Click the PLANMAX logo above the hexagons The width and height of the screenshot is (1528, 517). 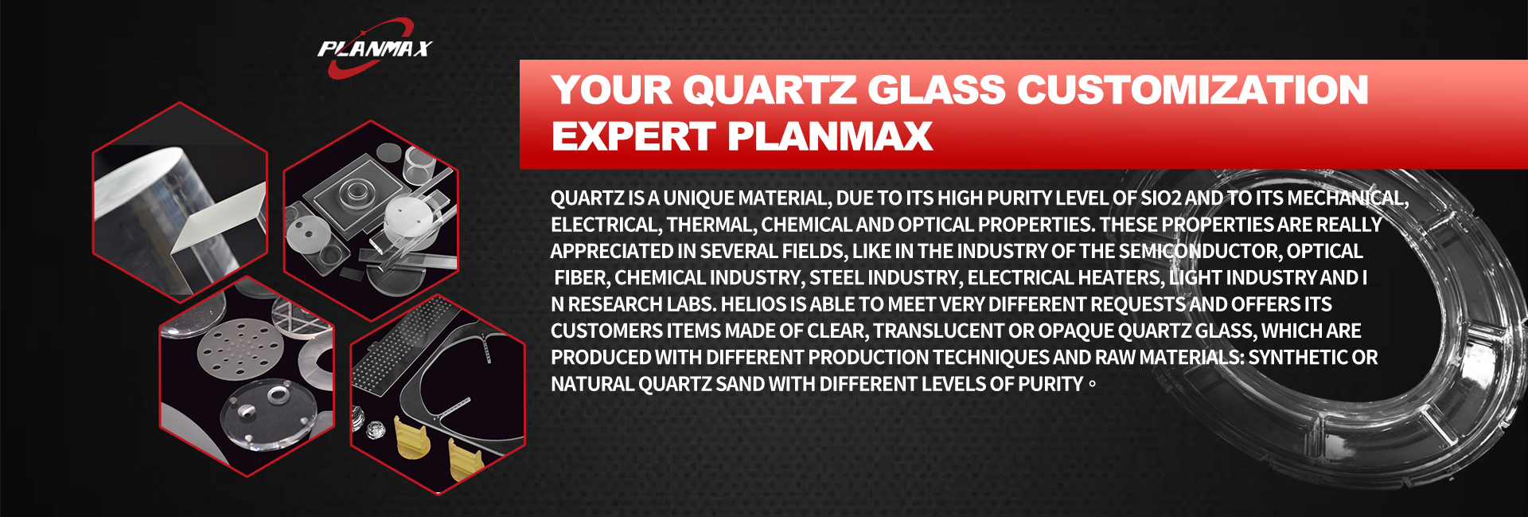[x=374, y=49]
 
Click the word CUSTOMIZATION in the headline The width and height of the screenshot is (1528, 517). [x=1193, y=89]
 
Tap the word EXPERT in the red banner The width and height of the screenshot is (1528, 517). [x=633, y=136]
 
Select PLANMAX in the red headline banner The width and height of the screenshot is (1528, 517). [x=830, y=136]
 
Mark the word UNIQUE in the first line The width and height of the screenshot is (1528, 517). [x=698, y=198]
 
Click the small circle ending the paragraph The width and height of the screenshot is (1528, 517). [x=1092, y=385]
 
